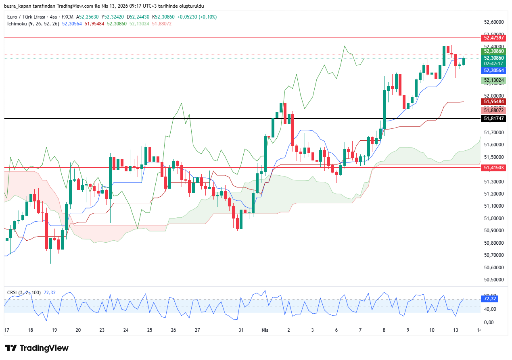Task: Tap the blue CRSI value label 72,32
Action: (489, 299)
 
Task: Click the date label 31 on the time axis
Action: (241, 330)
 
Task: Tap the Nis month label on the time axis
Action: (265, 330)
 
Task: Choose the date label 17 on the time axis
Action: (6, 330)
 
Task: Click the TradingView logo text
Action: (44, 348)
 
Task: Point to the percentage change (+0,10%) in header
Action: (207, 17)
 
